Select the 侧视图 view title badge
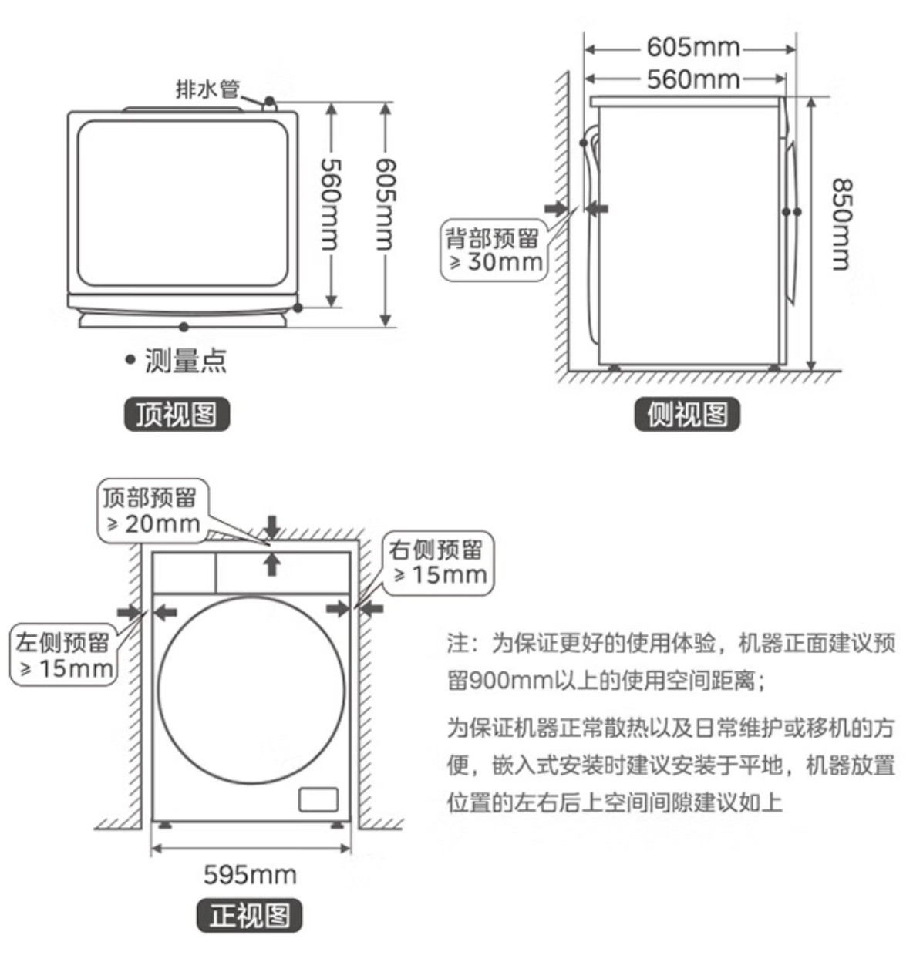click(x=687, y=415)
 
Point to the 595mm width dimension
click(x=250, y=874)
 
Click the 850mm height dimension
click(x=841, y=224)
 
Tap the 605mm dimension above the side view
click(x=692, y=48)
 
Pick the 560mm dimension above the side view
click(x=692, y=79)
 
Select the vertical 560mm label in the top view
click(x=330, y=203)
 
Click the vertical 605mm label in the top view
click(x=385, y=203)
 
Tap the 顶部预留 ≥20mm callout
click(x=152, y=511)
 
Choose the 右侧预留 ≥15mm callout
click(x=439, y=562)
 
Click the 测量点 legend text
click(x=186, y=360)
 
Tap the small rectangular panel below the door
click(x=318, y=799)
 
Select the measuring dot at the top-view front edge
click(x=184, y=327)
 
